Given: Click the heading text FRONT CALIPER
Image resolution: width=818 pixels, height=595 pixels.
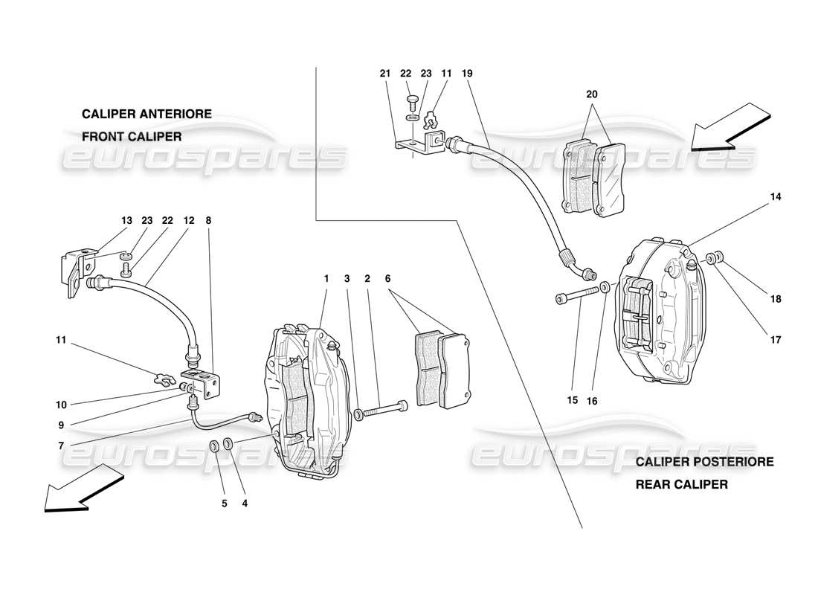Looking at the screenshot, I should (x=132, y=137).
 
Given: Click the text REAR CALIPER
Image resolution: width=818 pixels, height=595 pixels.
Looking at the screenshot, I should (x=680, y=484).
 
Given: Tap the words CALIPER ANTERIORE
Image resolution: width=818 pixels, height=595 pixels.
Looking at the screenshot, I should (x=146, y=114).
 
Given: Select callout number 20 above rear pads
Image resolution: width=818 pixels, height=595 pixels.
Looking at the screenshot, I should (x=591, y=94).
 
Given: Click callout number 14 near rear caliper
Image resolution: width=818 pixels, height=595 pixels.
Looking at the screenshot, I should (x=776, y=197).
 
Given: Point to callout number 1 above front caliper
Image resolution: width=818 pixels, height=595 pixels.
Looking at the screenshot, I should (x=326, y=278).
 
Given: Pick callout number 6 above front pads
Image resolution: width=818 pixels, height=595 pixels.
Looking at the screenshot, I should (x=387, y=278).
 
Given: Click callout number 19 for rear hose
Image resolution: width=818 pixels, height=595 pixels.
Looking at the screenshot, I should (x=466, y=74).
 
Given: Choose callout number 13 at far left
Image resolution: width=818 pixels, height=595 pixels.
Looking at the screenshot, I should (x=126, y=220).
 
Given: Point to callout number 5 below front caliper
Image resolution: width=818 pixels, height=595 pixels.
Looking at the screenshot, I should (x=224, y=503).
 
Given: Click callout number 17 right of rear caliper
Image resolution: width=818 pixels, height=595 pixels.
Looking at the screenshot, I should (x=776, y=341).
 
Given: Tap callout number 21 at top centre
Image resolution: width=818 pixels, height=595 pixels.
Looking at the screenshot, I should (x=384, y=74).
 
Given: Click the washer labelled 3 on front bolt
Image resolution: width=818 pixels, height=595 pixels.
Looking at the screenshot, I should (x=359, y=413).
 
